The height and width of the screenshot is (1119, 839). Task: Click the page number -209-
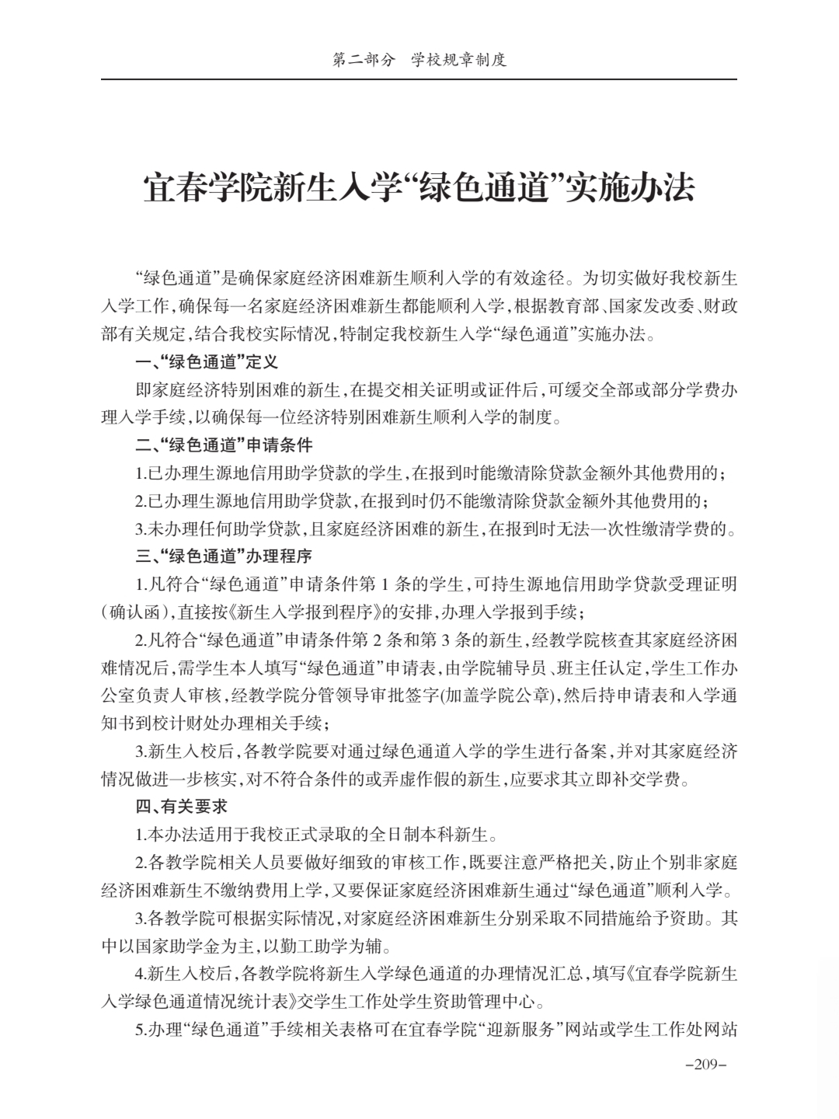point(705,1064)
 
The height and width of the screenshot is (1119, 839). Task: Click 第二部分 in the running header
point(364,60)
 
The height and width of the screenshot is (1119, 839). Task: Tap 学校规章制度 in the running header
point(459,60)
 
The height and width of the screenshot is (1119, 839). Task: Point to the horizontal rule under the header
point(419,79)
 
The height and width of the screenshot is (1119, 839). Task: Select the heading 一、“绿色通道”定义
point(207,362)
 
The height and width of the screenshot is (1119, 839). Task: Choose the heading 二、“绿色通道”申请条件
point(224,445)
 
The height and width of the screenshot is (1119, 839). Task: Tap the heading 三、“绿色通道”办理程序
point(224,556)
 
